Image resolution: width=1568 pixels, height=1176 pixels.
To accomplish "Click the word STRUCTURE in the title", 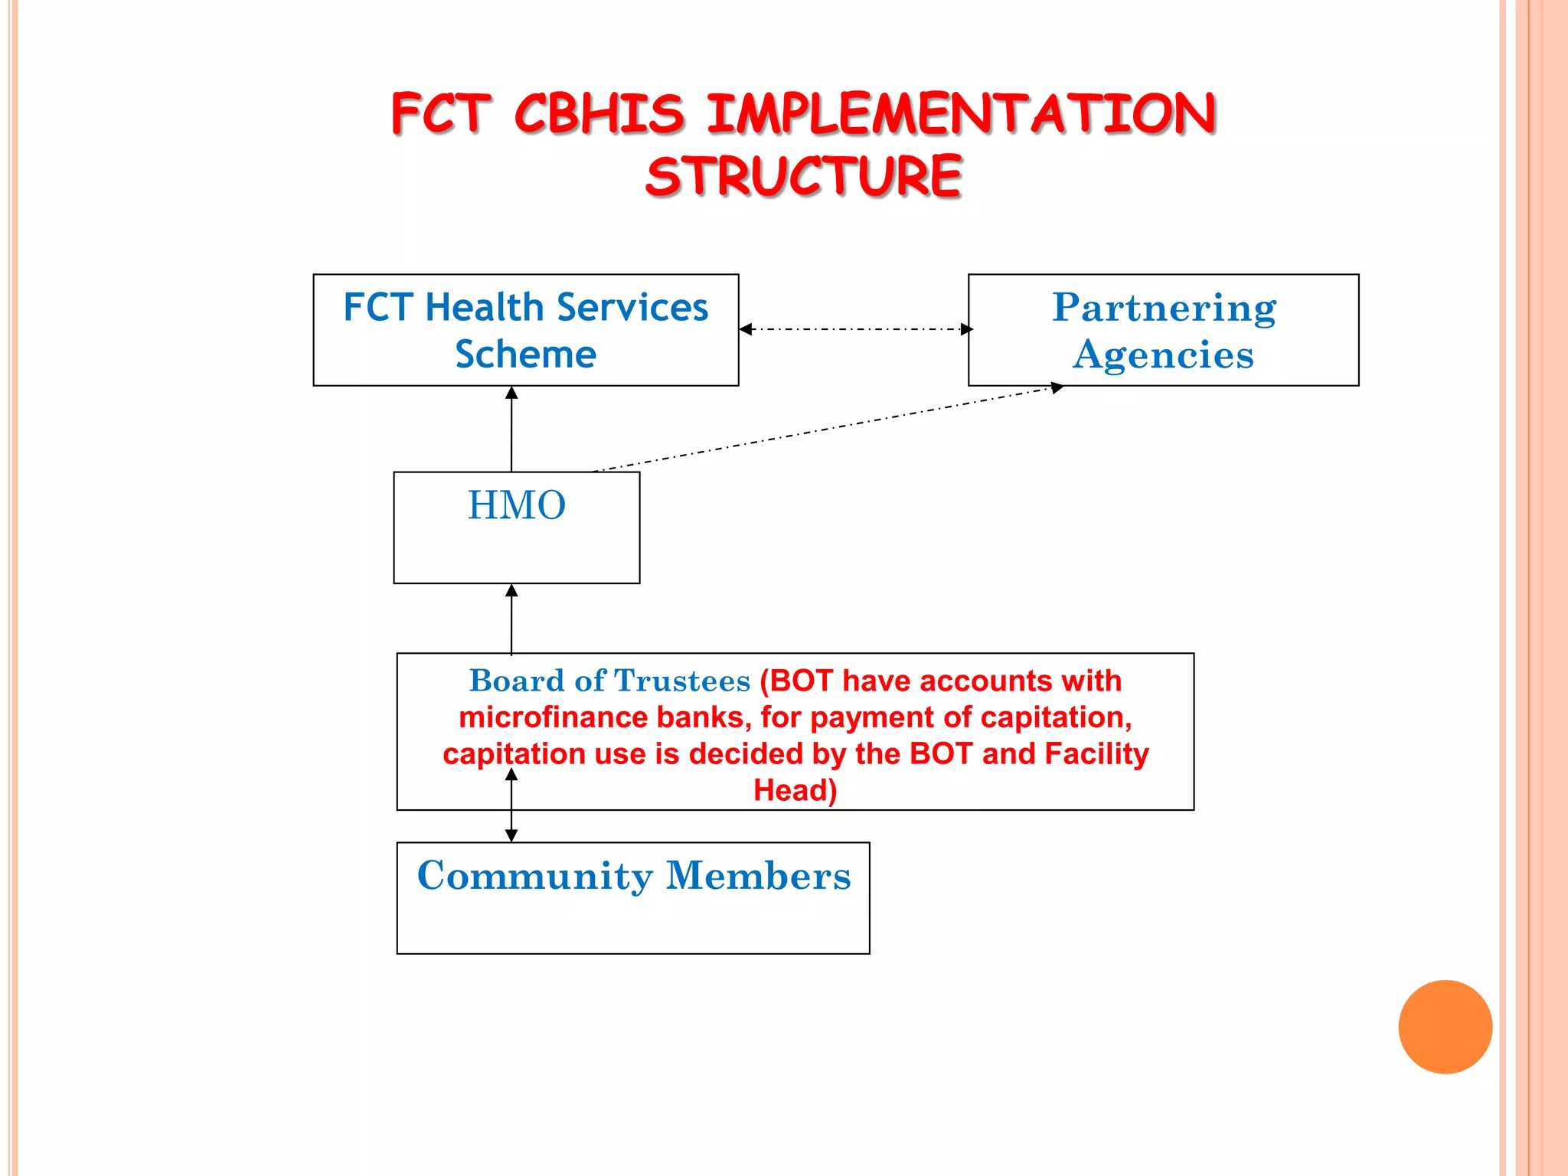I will point(803,176).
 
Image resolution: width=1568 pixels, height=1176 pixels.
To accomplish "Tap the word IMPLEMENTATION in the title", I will point(960,114).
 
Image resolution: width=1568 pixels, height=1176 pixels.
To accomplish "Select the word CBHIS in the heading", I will point(599,114).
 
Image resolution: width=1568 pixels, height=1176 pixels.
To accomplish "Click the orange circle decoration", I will point(1445,1027).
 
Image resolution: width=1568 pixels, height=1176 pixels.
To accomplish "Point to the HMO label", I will point(517,505).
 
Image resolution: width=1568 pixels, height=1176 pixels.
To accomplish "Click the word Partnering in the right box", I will point(1164,308).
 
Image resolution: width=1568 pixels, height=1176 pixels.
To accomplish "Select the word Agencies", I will point(1163,355).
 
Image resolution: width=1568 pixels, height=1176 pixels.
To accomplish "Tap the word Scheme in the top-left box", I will point(525,354).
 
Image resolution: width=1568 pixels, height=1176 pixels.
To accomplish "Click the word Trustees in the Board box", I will point(681,681).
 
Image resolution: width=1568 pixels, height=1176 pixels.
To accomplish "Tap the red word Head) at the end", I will point(795,790).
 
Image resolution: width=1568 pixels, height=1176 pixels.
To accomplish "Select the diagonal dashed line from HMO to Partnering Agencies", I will point(827,430).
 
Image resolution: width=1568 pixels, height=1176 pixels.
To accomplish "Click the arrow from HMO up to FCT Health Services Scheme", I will point(511,429).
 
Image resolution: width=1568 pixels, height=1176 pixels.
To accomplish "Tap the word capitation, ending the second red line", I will point(1056,717).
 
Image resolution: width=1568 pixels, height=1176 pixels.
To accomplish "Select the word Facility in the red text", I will point(1096,754).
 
